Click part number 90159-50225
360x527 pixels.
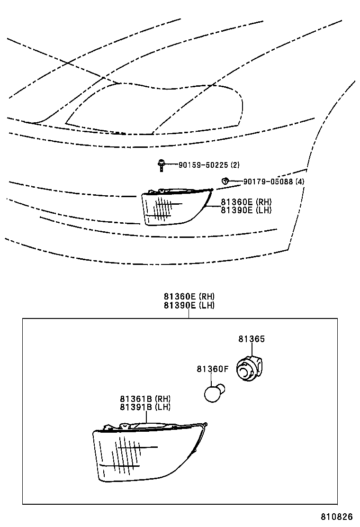pos(203,165)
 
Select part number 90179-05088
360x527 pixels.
pos(268,182)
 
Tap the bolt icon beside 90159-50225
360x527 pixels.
pos(162,165)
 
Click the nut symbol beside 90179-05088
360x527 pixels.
pos(225,181)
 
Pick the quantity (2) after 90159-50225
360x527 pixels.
pos(235,165)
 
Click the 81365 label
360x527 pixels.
pos(252,339)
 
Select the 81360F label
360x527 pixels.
pos(212,369)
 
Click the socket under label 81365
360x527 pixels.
pos(250,369)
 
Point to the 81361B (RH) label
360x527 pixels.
pos(145,399)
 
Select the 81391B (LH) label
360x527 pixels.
pos(145,407)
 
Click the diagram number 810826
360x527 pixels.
pos(336,516)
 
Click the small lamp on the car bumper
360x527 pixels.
pos(176,207)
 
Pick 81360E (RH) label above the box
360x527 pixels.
pos(189,297)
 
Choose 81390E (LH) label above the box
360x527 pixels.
pos(189,305)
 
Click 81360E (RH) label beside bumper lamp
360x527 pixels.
pos(246,202)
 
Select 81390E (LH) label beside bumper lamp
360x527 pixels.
pos(246,210)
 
